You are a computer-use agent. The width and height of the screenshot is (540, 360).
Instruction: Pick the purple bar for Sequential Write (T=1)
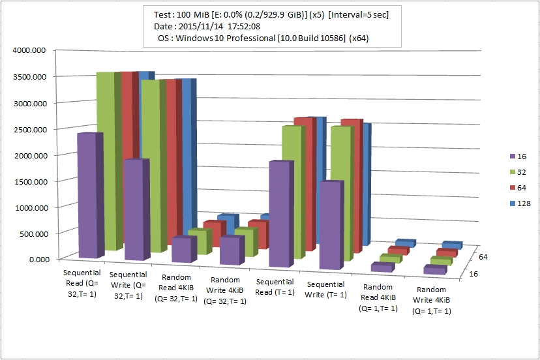(330, 225)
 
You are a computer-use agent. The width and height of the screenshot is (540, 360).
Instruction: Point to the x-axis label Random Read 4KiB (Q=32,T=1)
(175, 290)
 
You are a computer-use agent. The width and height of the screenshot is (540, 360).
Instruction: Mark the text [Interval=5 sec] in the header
(357, 14)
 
